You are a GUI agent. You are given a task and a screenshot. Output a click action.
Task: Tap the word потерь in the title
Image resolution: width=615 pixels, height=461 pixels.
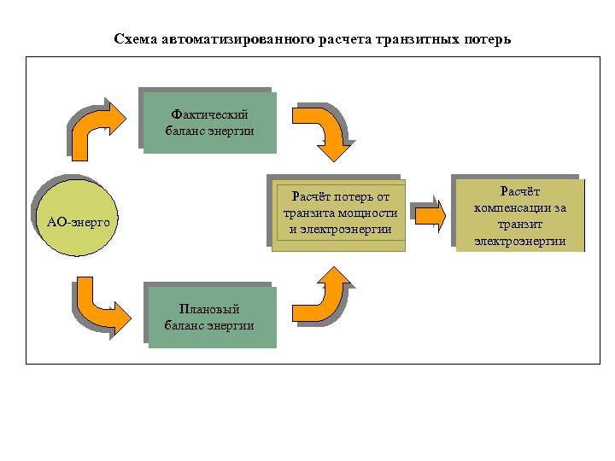point(488,39)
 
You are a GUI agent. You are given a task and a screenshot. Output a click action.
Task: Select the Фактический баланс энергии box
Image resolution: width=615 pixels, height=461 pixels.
point(209,122)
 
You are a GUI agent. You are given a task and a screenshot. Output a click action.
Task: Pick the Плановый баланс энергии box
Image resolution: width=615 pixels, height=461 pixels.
point(209,317)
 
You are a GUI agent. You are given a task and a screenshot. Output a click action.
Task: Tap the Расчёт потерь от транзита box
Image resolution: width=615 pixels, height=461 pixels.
point(339,214)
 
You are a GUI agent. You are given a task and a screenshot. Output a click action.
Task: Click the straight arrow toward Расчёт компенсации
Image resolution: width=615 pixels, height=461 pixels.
point(430,214)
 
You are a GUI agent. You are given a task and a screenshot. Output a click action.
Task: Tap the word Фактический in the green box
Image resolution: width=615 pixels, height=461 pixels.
point(209,114)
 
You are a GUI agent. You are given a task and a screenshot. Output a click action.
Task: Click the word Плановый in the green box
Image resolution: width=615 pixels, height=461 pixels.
point(209,310)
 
